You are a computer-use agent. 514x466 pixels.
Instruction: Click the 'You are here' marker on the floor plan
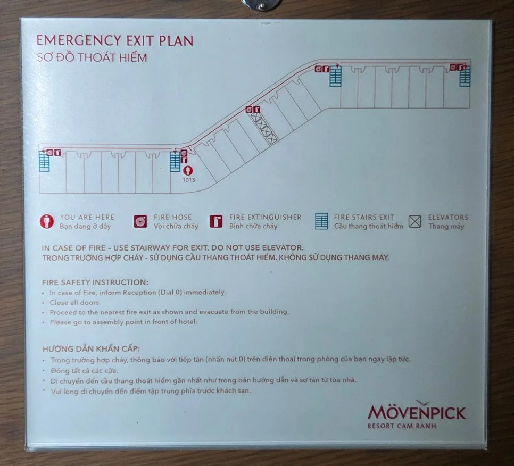[188, 170]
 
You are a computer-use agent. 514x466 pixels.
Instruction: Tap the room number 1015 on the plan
[189, 180]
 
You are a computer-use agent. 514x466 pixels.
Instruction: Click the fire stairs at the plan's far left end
[44, 161]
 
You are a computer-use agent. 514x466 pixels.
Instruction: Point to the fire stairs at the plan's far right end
[465, 76]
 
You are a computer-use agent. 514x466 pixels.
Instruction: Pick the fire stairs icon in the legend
[321, 221]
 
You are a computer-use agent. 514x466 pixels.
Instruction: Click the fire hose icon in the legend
[140, 221]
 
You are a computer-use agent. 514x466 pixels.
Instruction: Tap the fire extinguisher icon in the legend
[215, 221]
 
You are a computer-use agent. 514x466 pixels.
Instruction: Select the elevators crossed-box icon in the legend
[415, 221]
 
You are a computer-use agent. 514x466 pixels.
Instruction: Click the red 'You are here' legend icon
[46, 221]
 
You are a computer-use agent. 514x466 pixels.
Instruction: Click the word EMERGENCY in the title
[78, 40]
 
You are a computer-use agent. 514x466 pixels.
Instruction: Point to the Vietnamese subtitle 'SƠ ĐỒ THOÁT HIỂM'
[92, 57]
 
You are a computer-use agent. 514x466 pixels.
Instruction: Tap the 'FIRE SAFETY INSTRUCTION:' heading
[95, 282]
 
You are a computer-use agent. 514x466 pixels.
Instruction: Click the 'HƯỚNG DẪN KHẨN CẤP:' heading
[91, 348]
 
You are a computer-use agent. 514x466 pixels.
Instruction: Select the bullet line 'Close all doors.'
[75, 303]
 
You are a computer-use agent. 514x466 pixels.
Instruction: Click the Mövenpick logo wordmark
[416, 412]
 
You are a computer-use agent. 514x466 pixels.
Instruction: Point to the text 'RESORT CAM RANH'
[402, 426]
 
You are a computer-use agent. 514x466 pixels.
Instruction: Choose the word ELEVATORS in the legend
[448, 217]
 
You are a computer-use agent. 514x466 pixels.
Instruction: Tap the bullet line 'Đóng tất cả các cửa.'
[84, 371]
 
